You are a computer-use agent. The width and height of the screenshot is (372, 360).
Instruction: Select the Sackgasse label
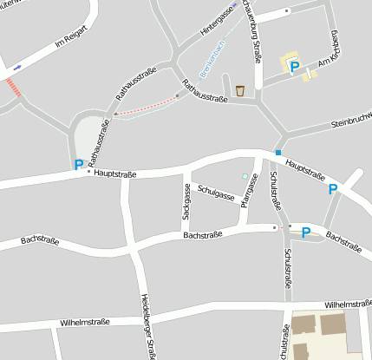tap(186, 200)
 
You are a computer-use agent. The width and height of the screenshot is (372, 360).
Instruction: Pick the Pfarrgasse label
tap(246, 196)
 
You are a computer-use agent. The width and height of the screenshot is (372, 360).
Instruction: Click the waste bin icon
tap(239, 90)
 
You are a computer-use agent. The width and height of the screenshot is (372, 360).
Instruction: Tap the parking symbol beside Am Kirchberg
tap(294, 66)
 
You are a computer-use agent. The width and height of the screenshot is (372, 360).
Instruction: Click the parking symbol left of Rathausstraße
tap(78, 164)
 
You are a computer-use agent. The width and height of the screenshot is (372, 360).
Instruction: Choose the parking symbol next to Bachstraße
tap(305, 232)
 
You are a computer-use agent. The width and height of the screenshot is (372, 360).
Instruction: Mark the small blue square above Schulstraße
tap(278, 154)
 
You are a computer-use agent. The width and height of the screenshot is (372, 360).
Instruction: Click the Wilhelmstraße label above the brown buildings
tap(348, 304)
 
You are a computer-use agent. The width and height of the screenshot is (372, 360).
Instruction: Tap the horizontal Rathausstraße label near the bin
tap(205, 92)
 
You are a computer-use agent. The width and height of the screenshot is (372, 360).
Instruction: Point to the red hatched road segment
tap(12, 87)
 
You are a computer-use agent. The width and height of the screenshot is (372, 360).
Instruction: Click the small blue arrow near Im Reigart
tap(17, 67)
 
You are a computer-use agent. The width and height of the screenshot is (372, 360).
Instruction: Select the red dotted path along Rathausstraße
tap(147, 106)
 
